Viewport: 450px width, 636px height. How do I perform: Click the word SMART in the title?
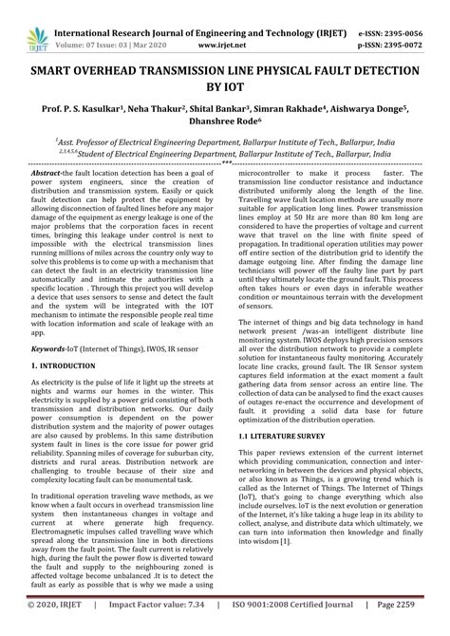pyautogui.click(x=57, y=71)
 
